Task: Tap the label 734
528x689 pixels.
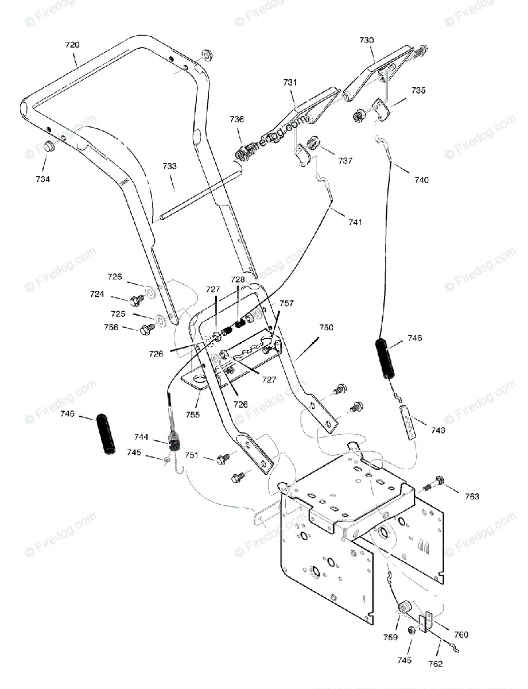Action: (43, 179)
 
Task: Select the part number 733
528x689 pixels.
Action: (169, 166)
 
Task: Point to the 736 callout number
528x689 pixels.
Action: (236, 119)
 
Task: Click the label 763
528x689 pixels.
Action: (472, 496)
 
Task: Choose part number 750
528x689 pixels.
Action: (326, 327)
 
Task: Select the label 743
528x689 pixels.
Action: (437, 429)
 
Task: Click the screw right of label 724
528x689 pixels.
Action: (137, 299)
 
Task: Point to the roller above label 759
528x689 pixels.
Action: (405, 607)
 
